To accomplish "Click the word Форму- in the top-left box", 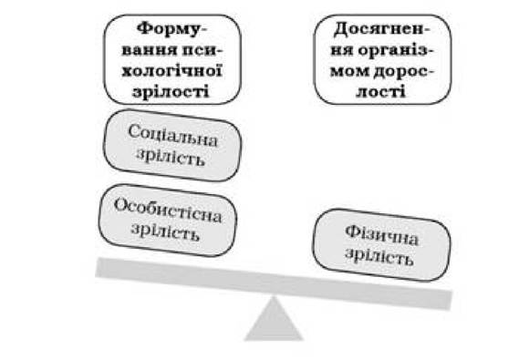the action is coord(171,29).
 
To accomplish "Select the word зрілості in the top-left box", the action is coord(171,91).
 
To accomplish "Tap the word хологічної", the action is coord(171,70).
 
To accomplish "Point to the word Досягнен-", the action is coord(381,29).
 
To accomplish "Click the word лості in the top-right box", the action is coord(381,90).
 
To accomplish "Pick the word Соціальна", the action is coord(172,136).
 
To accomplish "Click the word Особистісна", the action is coord(168,211).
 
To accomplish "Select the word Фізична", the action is coord(381,235).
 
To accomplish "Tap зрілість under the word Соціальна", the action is coord(171,157).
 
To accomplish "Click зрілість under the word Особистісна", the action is coord(165,231).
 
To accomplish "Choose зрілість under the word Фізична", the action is coord(379,256).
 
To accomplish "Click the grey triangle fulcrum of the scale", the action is coord(274,320).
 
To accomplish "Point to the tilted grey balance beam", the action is coord(274,283).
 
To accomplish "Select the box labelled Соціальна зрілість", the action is coord(172,146).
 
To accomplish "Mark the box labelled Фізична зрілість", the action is coord(381,245).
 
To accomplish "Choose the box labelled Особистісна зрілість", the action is coord(168,221).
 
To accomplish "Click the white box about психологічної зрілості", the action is coord(172,59).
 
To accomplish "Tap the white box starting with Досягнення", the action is coord(382,59).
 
